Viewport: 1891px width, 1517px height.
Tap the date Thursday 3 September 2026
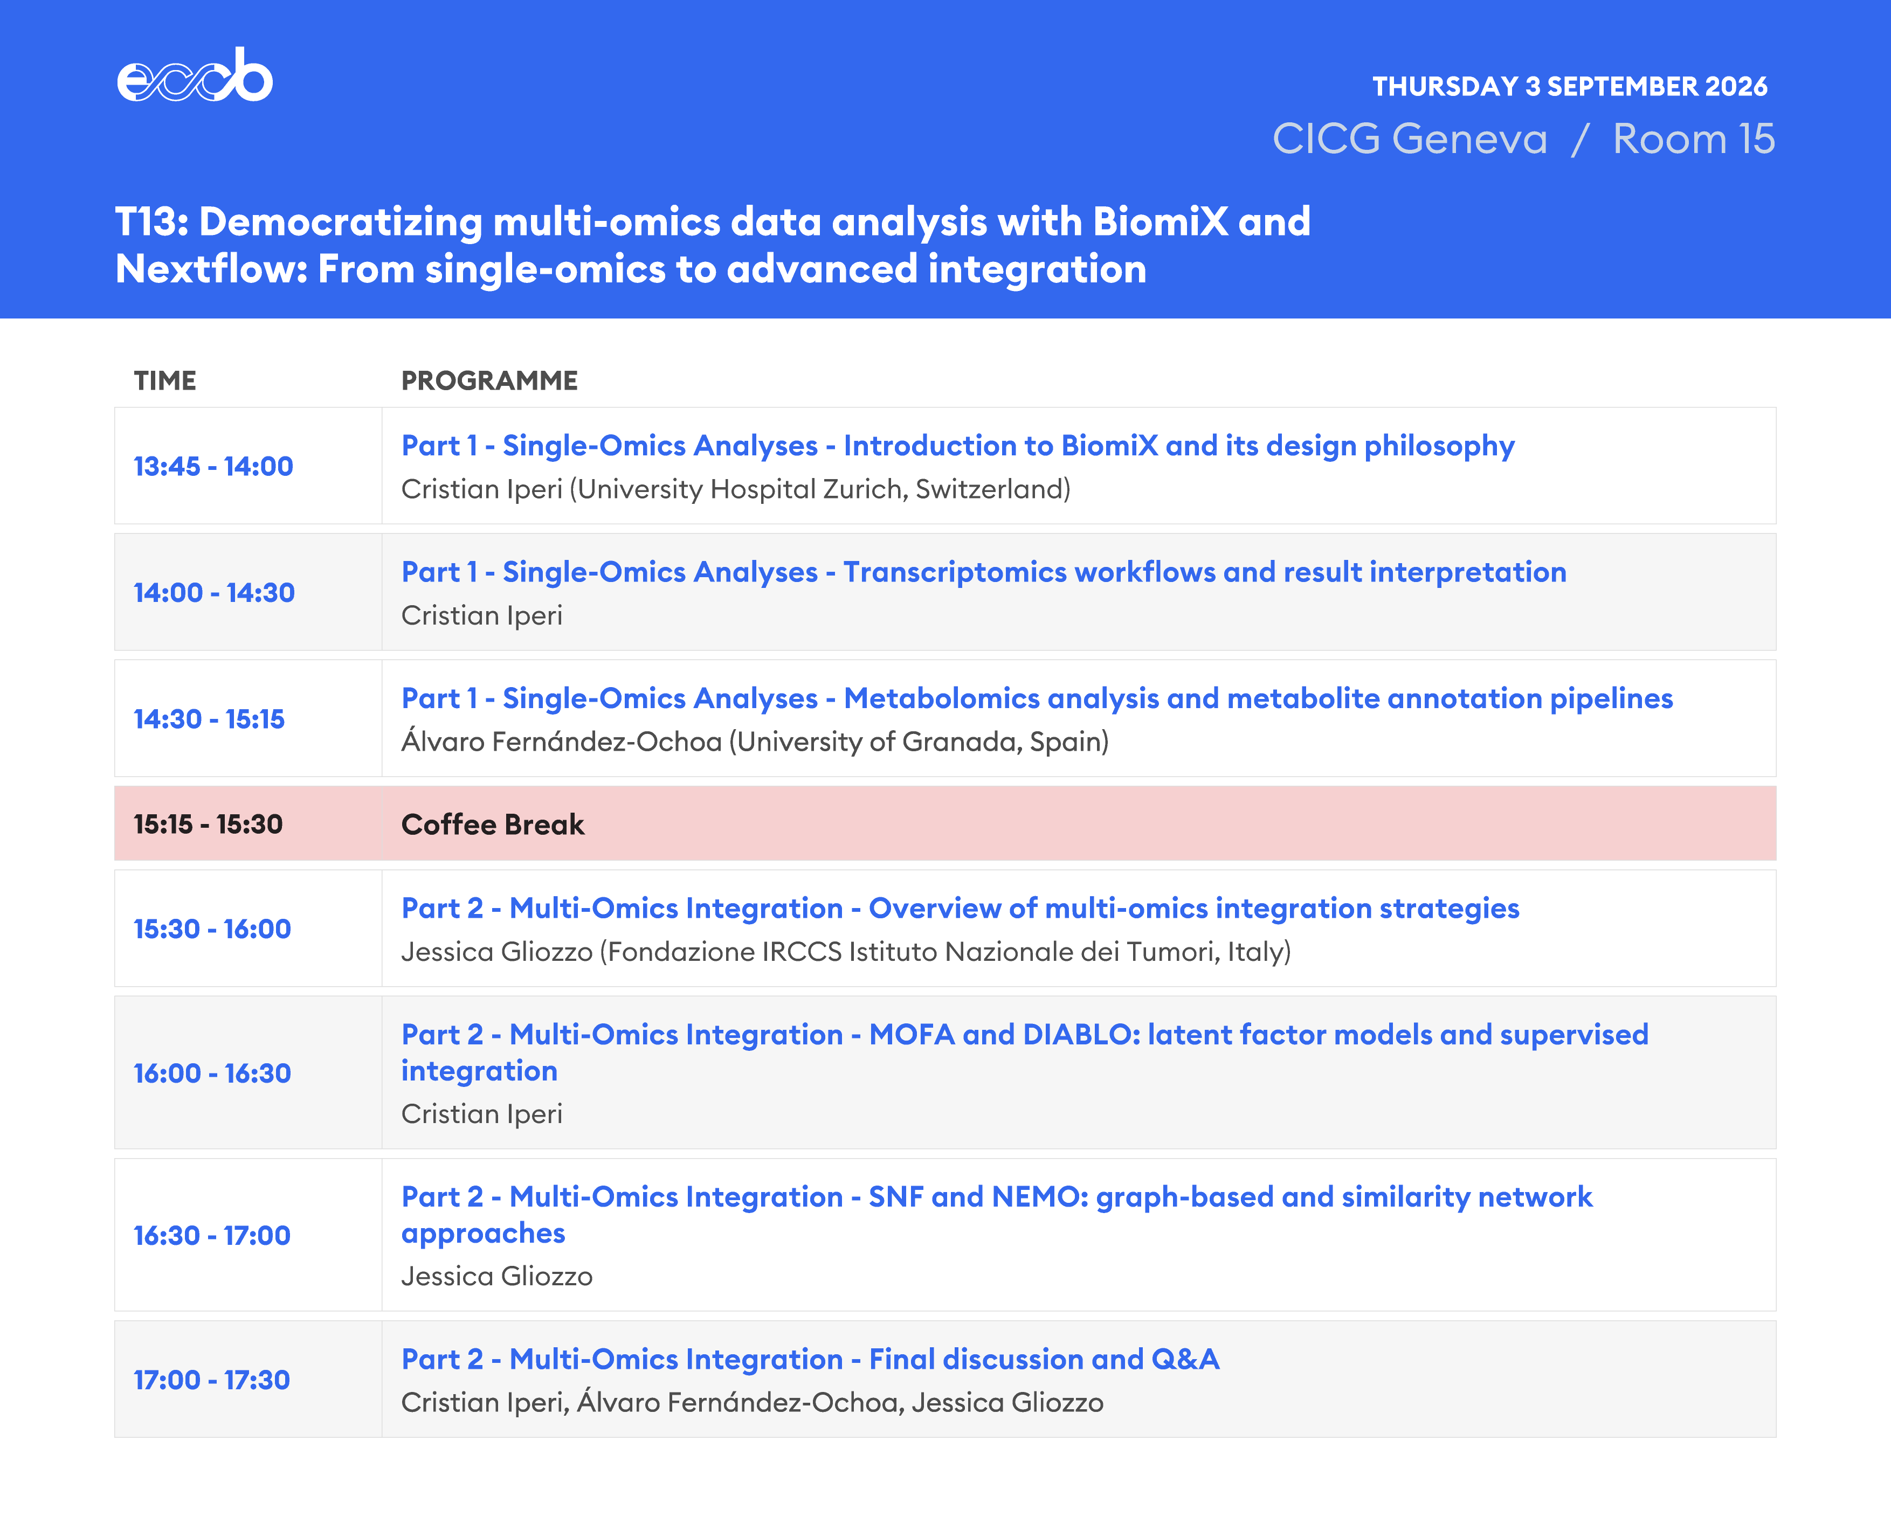coord(1569,86)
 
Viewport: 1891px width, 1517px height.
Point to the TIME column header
coord(165,380)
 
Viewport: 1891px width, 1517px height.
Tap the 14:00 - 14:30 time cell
coord(214,593)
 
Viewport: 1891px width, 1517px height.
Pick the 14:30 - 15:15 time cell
coord(209,719)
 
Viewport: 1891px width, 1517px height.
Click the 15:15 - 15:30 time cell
coord(208,825)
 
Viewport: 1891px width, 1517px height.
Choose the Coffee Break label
coord(492,825)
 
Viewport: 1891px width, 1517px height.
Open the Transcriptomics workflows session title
coord(983,572)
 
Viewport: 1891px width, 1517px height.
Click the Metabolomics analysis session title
coord(1037,699)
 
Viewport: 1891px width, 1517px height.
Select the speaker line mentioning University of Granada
coord(754,742)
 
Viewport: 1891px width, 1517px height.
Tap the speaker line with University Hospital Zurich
coord(736,489)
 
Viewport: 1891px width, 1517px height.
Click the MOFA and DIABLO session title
coord(1024,1052)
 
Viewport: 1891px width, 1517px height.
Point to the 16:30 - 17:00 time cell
coord(211,1236)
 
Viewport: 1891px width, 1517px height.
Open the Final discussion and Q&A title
coord(810,1359)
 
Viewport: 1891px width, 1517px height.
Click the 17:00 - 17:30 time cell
coord(211,1380)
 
